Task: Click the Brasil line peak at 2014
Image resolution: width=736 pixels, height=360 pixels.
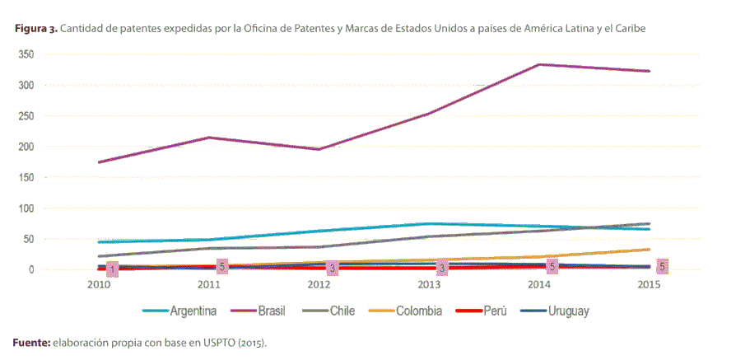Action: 538,64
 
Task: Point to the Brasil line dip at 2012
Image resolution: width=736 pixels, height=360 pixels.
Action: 319,149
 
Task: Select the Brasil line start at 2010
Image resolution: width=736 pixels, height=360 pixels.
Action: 99,162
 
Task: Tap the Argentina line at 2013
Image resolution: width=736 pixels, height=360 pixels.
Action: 429,223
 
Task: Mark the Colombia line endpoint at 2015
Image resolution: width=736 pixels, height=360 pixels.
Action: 649,249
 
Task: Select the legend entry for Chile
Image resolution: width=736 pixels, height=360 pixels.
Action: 342,311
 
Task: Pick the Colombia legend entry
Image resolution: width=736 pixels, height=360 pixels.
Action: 418,311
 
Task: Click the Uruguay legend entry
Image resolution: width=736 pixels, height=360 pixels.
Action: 566,311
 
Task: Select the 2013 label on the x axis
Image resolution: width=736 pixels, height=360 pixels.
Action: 429,285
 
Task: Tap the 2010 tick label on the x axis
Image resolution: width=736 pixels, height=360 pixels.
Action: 99,285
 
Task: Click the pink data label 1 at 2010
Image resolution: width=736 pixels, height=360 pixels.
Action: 112,269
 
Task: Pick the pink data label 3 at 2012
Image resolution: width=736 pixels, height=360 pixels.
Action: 332,268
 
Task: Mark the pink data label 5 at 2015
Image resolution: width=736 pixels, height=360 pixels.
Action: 662,266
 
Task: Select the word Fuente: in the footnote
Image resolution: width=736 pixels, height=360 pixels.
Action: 31,341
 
